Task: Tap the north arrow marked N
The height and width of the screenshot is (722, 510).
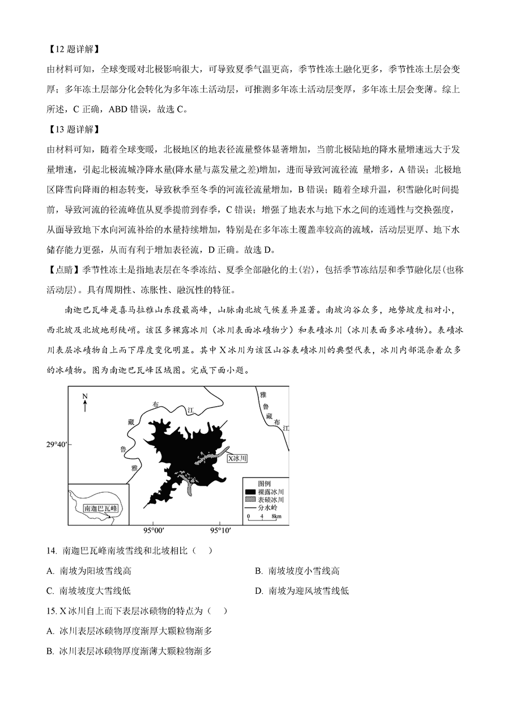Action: tap(85, 402)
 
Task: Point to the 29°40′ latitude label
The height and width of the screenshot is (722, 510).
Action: tap(56, 445)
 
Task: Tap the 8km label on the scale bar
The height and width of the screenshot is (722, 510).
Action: tap(276, 516)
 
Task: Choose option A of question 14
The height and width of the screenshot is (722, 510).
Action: tap(93, 571)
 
